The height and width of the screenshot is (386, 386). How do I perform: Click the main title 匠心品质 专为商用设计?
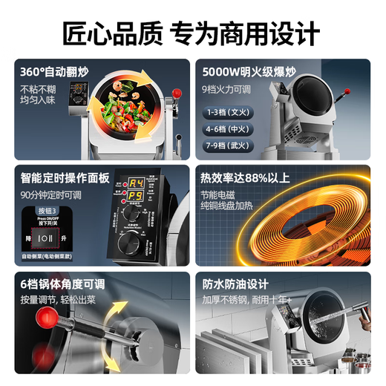coord(192,33)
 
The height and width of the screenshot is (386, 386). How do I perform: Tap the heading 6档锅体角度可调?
coord(63,284)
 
